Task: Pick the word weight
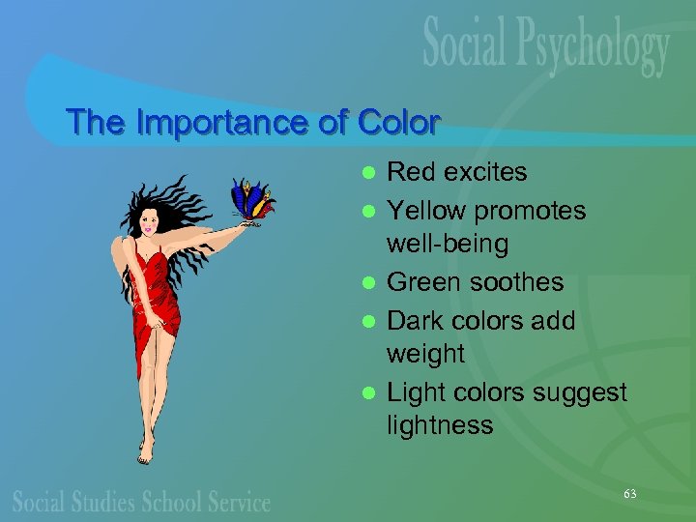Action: click(x=425, y=355)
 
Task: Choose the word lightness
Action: click(x=440, y=425)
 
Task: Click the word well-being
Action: click(x=447, y=244)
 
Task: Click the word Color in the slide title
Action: click(x=398, y=123)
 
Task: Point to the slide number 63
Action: click(x=630, y=494)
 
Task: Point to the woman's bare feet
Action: click(x=146, y=449)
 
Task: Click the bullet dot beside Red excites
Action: click(x=367, y=174)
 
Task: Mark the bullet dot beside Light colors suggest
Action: click(x=367, y=393)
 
